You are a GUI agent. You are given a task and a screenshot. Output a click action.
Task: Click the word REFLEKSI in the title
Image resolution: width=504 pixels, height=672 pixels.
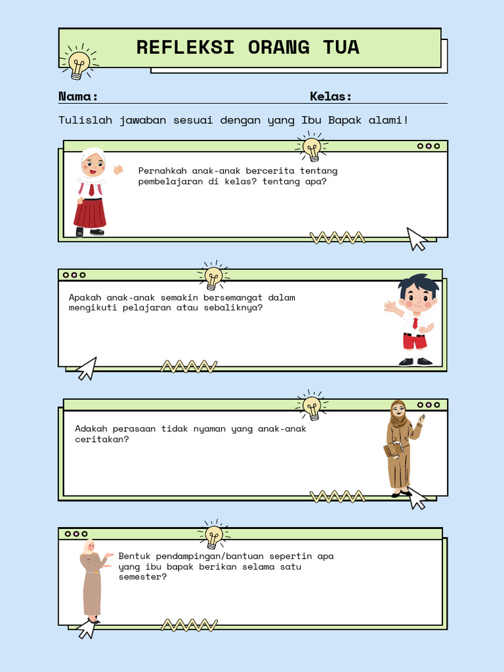185,47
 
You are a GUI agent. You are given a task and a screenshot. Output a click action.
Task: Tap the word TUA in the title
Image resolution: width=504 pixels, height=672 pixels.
341,47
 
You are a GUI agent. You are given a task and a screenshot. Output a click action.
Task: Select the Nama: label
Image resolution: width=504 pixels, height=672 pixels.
78,96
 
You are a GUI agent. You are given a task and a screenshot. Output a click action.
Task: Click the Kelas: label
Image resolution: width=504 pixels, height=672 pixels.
331,96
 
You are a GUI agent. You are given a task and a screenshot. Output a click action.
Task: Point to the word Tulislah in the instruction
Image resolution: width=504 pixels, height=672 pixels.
85,120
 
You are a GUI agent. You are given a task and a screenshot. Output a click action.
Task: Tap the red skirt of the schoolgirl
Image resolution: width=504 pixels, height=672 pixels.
89,213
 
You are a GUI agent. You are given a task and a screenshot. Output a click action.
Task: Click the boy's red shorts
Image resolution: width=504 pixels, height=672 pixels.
415,341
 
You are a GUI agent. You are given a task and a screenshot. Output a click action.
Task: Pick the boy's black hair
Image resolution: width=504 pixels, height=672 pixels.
418,283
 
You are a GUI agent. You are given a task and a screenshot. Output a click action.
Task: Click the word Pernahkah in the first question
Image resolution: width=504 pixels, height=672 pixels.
163,171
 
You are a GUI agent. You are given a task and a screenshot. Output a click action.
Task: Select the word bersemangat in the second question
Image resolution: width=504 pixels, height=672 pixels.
233,298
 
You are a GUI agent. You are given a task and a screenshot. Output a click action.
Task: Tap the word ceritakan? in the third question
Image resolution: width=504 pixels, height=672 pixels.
102,439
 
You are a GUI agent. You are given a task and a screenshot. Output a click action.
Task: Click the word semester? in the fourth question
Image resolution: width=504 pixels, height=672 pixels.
142,577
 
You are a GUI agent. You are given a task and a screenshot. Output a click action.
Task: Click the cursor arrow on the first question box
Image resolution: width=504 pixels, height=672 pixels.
416,239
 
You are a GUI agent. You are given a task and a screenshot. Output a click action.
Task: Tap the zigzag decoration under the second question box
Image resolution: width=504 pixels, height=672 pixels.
189,366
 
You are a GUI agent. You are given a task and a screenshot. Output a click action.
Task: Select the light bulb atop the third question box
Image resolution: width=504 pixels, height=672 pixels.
312,405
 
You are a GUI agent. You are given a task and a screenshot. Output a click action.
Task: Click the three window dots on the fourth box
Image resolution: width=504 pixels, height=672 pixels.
76,534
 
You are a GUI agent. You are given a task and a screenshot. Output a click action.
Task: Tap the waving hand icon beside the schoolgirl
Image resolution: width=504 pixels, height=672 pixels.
118,170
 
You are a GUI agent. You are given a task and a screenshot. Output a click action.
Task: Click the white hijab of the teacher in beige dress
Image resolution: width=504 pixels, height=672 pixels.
89,546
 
